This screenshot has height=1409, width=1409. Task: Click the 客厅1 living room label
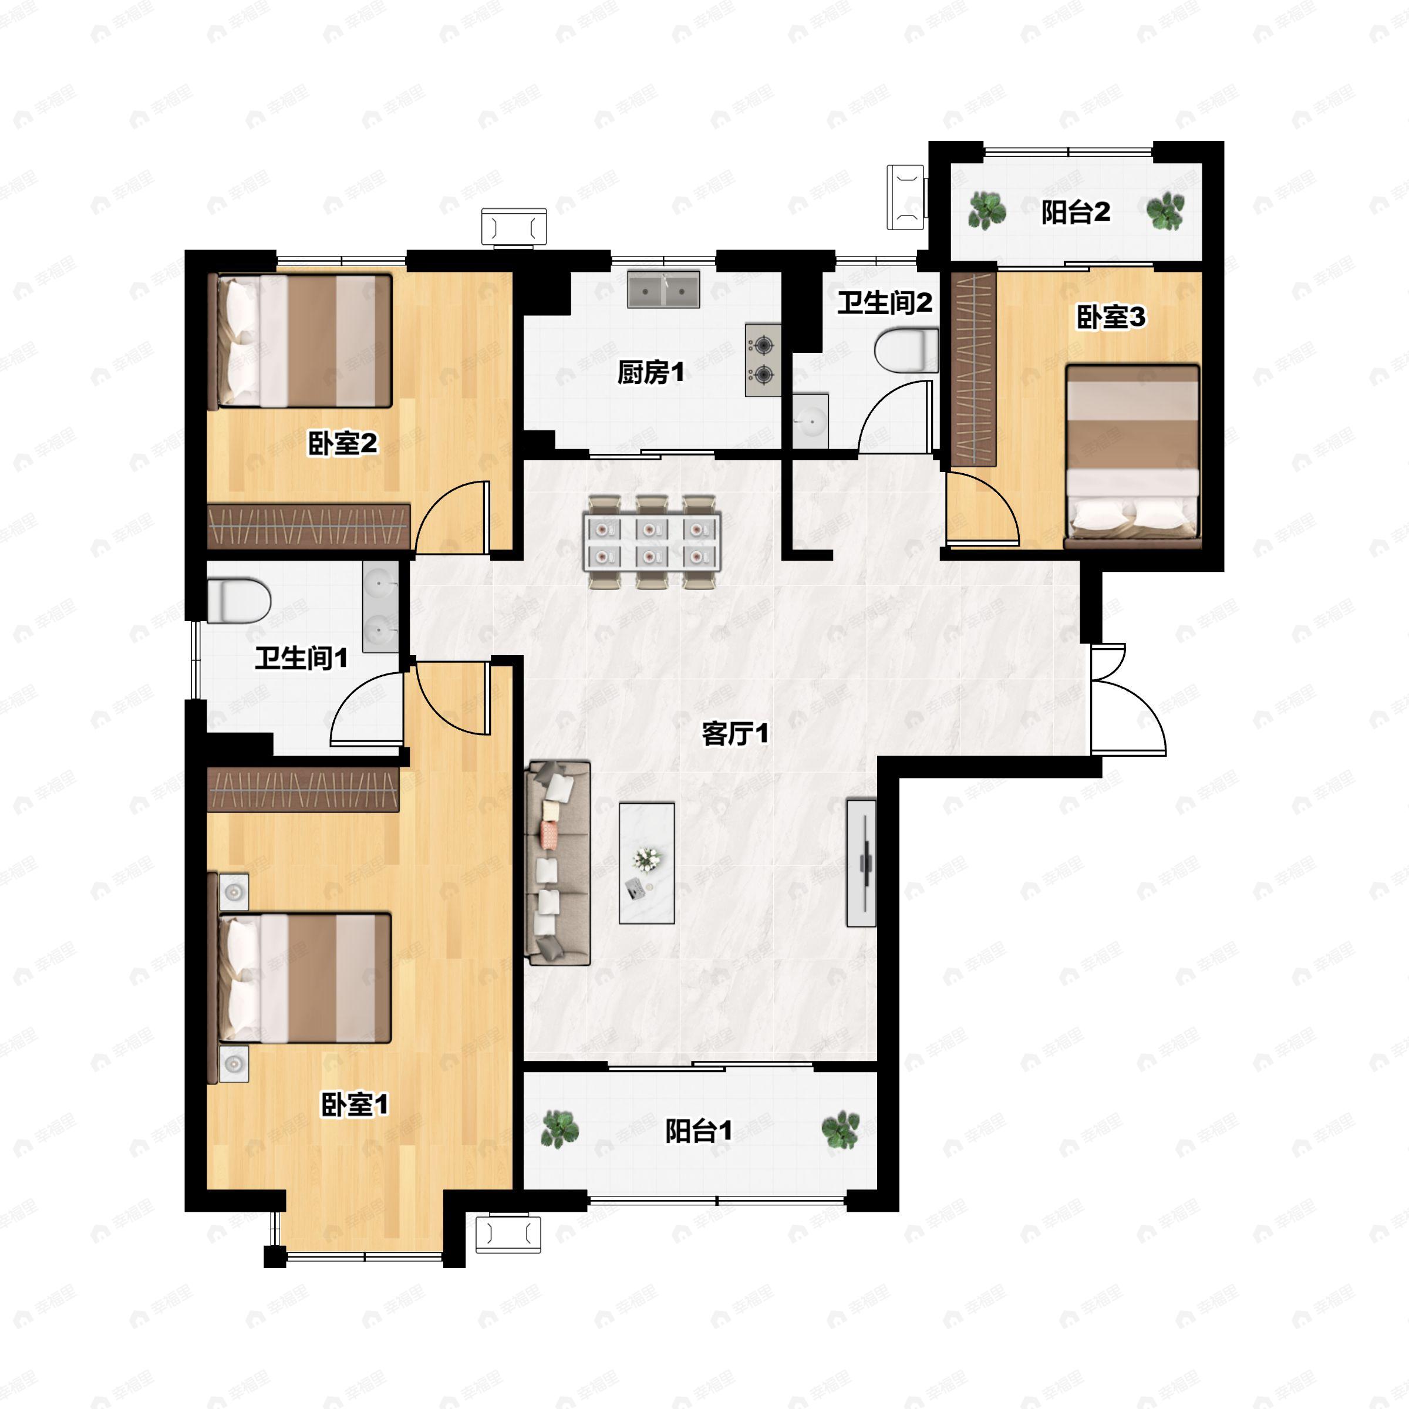point(735,734)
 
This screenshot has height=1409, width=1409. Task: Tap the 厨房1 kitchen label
point(651,373)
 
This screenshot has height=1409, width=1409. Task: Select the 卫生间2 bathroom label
point(884,303)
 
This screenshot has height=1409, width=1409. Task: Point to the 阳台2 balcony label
point(1076,212)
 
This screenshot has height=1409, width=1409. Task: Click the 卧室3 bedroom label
point(1111,317)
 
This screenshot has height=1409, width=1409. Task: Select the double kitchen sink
point(663,289)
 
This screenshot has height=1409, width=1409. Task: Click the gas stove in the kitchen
point(763,360)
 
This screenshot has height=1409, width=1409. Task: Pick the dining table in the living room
point(652,542)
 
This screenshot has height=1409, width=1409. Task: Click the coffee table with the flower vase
point(647,864)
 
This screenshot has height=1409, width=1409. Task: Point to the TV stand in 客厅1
point(861,863)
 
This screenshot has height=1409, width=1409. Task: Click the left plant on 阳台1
point(560,1129)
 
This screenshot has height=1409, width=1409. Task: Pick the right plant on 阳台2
point(1165,211)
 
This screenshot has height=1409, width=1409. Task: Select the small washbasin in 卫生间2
point(810,421)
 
